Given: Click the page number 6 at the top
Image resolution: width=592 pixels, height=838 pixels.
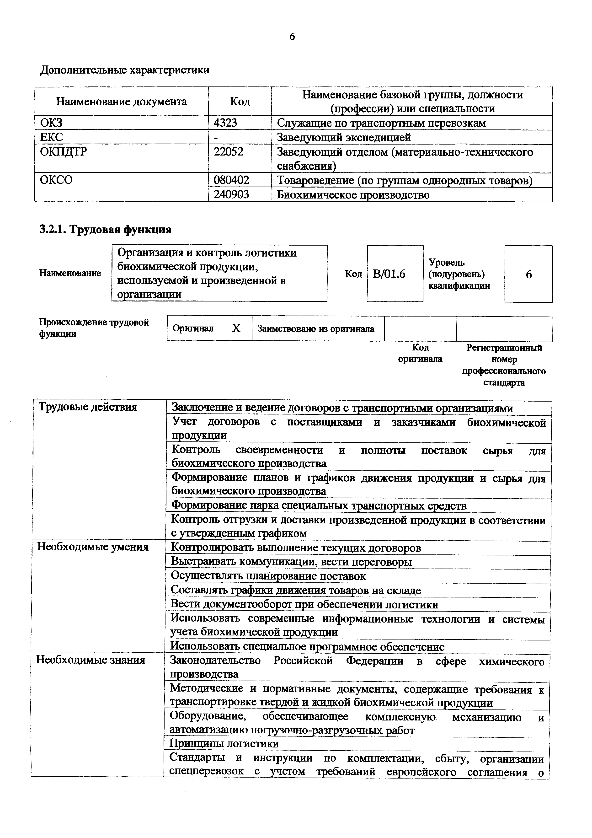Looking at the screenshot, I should tap(292, 37).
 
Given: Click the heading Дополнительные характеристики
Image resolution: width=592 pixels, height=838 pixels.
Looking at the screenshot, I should tap(125, 70).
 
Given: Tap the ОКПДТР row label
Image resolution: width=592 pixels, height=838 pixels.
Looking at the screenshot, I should tap(64, 151).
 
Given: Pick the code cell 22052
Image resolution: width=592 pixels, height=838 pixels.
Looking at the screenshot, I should tap(229, 151).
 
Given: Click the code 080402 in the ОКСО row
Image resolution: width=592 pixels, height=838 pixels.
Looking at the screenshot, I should tap(232, 180).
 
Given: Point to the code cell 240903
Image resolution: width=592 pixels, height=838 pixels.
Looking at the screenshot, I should tap(232, 194).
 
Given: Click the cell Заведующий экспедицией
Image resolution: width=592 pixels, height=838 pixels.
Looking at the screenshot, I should tap(344, 137).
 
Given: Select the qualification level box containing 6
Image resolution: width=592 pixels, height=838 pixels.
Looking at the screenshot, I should tap(528, 274).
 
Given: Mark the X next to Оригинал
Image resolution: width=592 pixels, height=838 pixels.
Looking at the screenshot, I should tap(236, 328).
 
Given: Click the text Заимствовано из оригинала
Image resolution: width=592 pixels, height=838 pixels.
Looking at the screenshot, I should tap(316, 329).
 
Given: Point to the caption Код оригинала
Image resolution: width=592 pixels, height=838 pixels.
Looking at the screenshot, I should tap(420, 353).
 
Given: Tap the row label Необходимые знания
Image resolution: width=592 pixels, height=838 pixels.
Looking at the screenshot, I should tap(91, 660).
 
